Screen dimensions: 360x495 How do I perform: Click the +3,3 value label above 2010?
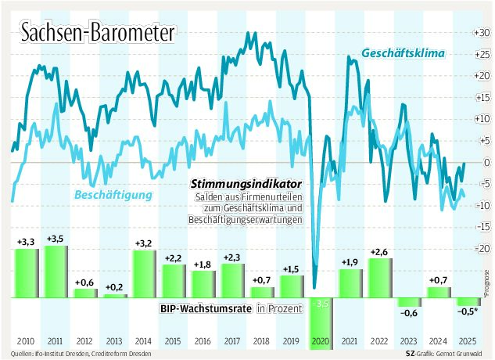pyautogui.click(x=26, y=243)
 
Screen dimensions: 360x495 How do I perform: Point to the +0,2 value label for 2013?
pyautogui.click(x=114, y=287)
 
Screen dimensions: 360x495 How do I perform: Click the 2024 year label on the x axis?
pyautogui.click(x=438, y=343)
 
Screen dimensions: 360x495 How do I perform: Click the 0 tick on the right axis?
pyautogui.click(x=482, y=162)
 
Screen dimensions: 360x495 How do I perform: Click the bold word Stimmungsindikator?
pyautogui.click(x=246, y=182)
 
